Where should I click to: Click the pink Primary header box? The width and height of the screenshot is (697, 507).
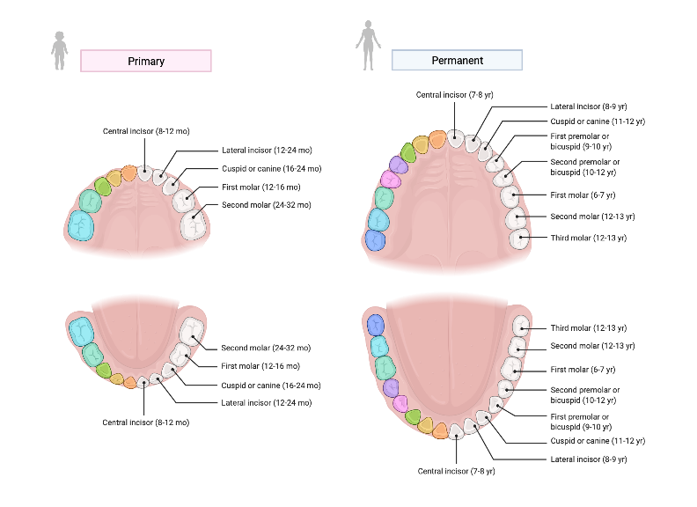[146, 61]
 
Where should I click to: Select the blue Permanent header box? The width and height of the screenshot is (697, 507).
[457, 60]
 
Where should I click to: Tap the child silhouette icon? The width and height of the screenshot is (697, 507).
[59, 51]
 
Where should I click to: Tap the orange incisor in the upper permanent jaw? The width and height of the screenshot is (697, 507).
[437, 140]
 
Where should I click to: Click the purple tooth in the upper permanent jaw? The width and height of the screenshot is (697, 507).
[399, 164]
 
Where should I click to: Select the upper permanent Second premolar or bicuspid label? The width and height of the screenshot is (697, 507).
[585, 166]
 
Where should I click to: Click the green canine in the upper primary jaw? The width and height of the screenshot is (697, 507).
[103, 186]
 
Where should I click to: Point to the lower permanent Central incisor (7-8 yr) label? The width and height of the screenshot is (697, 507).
[456, 471]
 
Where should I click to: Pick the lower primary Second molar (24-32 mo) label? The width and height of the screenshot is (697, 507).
[266, 348]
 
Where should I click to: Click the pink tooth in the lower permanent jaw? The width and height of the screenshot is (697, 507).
[400, 404]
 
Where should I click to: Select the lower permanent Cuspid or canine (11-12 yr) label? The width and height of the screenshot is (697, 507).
[597, 441]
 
